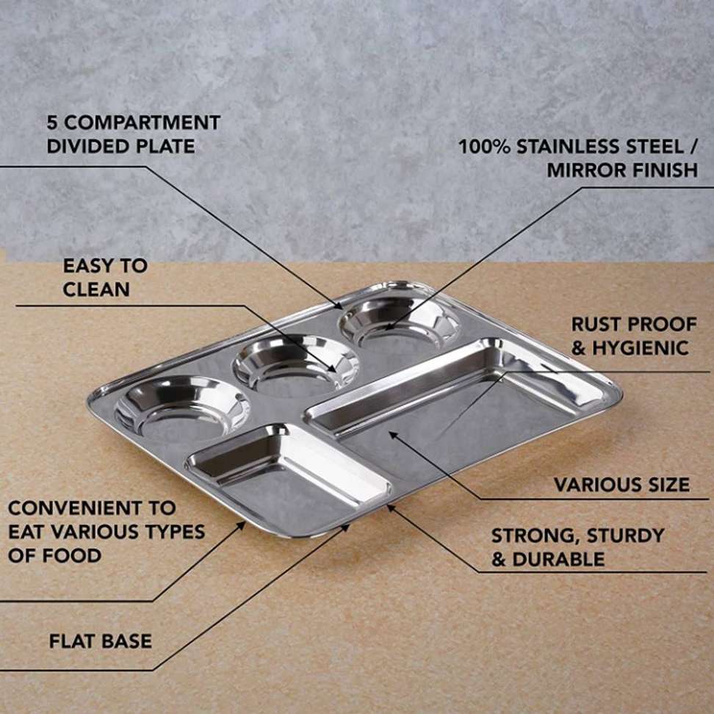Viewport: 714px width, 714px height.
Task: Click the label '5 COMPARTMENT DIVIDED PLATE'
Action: [x=133, y=134]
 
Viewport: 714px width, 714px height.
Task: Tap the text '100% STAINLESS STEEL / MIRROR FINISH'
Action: [x=578, y=158]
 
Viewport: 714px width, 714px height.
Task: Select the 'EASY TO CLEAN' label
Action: [x=105, y=278]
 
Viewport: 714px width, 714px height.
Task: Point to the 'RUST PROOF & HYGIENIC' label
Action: [x=634, y=336]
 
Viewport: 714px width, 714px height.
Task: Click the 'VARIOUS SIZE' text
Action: [x=621, y=485]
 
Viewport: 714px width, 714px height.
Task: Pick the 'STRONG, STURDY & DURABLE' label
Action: [x=577, y=547]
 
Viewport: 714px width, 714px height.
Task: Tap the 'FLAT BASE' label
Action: [x=101, y=641]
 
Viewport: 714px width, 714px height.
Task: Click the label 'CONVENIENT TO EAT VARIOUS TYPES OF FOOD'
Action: [x=107, y=531]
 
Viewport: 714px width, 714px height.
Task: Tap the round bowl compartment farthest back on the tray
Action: [x=398, y=321]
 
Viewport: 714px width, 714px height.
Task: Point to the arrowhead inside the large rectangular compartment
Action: [x=392, y=434]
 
